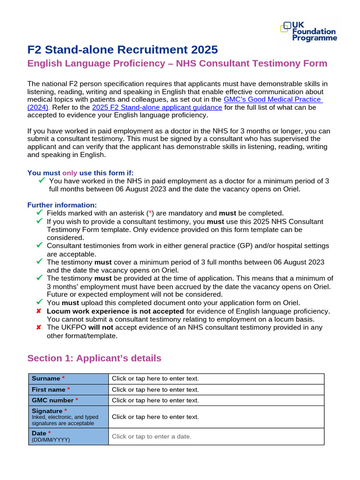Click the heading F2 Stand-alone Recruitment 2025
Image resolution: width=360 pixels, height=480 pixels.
[122, 49]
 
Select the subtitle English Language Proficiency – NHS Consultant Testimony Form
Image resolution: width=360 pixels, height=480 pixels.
[177, 63]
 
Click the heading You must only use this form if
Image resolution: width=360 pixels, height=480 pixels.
[83, 172]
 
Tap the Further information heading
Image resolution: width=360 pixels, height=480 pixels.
[62, 205]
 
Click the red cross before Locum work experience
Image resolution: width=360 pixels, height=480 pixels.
[39, 311]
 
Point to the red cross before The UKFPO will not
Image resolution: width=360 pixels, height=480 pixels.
[39, 328]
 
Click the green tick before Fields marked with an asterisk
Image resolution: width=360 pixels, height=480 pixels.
[39, 213]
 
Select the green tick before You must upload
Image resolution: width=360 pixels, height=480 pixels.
[39, 302]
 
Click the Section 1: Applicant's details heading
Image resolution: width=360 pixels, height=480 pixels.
[94, 358]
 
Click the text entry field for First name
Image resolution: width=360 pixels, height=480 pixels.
[216, 390]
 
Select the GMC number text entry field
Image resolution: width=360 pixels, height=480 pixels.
[216, 400]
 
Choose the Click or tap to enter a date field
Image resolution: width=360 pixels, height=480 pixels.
[216, 436]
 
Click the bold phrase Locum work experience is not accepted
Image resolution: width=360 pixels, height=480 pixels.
[115, 311]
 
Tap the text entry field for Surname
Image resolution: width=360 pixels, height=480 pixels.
[216, 378]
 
